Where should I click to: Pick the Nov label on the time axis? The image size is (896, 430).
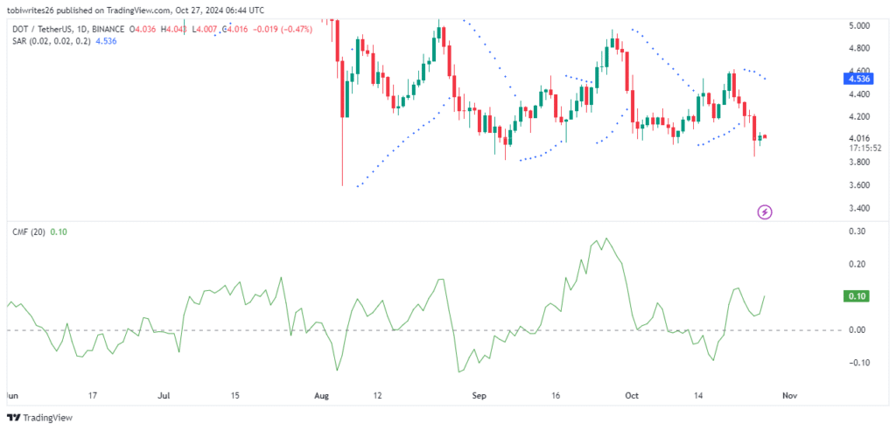click(x=790, y=395)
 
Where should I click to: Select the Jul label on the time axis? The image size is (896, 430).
click(x=164, y=395)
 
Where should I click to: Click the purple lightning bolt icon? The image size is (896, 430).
click(x=766, y=212)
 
